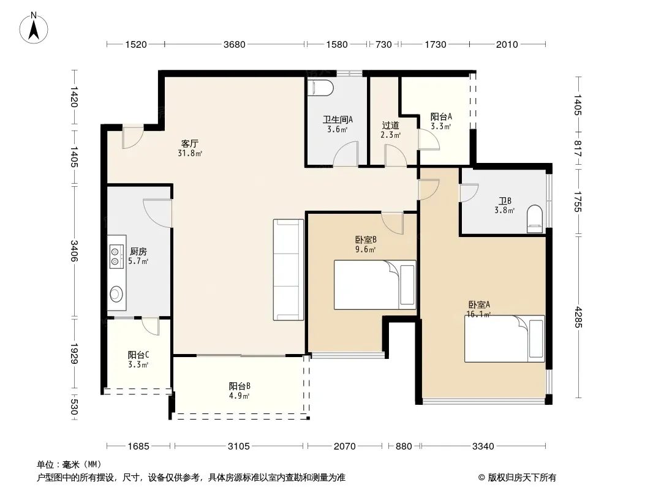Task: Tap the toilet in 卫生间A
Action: (320, 88)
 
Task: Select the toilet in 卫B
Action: (535, 219)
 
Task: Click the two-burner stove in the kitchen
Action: (116, 257)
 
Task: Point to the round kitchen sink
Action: (116, 295)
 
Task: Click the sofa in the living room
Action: (288, 269)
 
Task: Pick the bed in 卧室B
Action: (375, 285)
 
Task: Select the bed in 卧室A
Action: (504, 339)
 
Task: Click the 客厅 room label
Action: (189, 143)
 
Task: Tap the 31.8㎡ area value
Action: (190, 153)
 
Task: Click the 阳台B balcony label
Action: (240, 386)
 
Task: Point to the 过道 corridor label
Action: (391, 126)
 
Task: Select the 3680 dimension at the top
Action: (235, 45)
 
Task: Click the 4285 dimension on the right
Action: (578, 317)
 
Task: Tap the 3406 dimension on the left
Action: (74, 251)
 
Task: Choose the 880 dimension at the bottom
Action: (404, 447)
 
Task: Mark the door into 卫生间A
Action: (345, 154)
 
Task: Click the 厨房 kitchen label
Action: (138, 252)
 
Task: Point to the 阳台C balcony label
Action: (138, 355)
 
